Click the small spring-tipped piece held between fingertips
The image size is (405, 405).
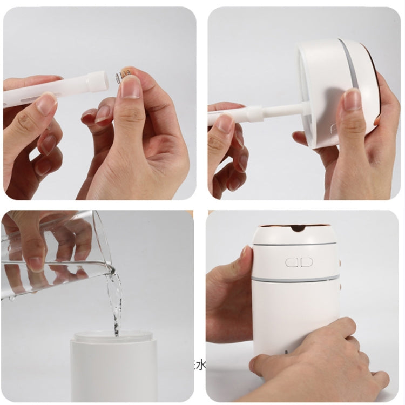[125, 75]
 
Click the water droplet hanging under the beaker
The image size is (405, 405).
[12, 298]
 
